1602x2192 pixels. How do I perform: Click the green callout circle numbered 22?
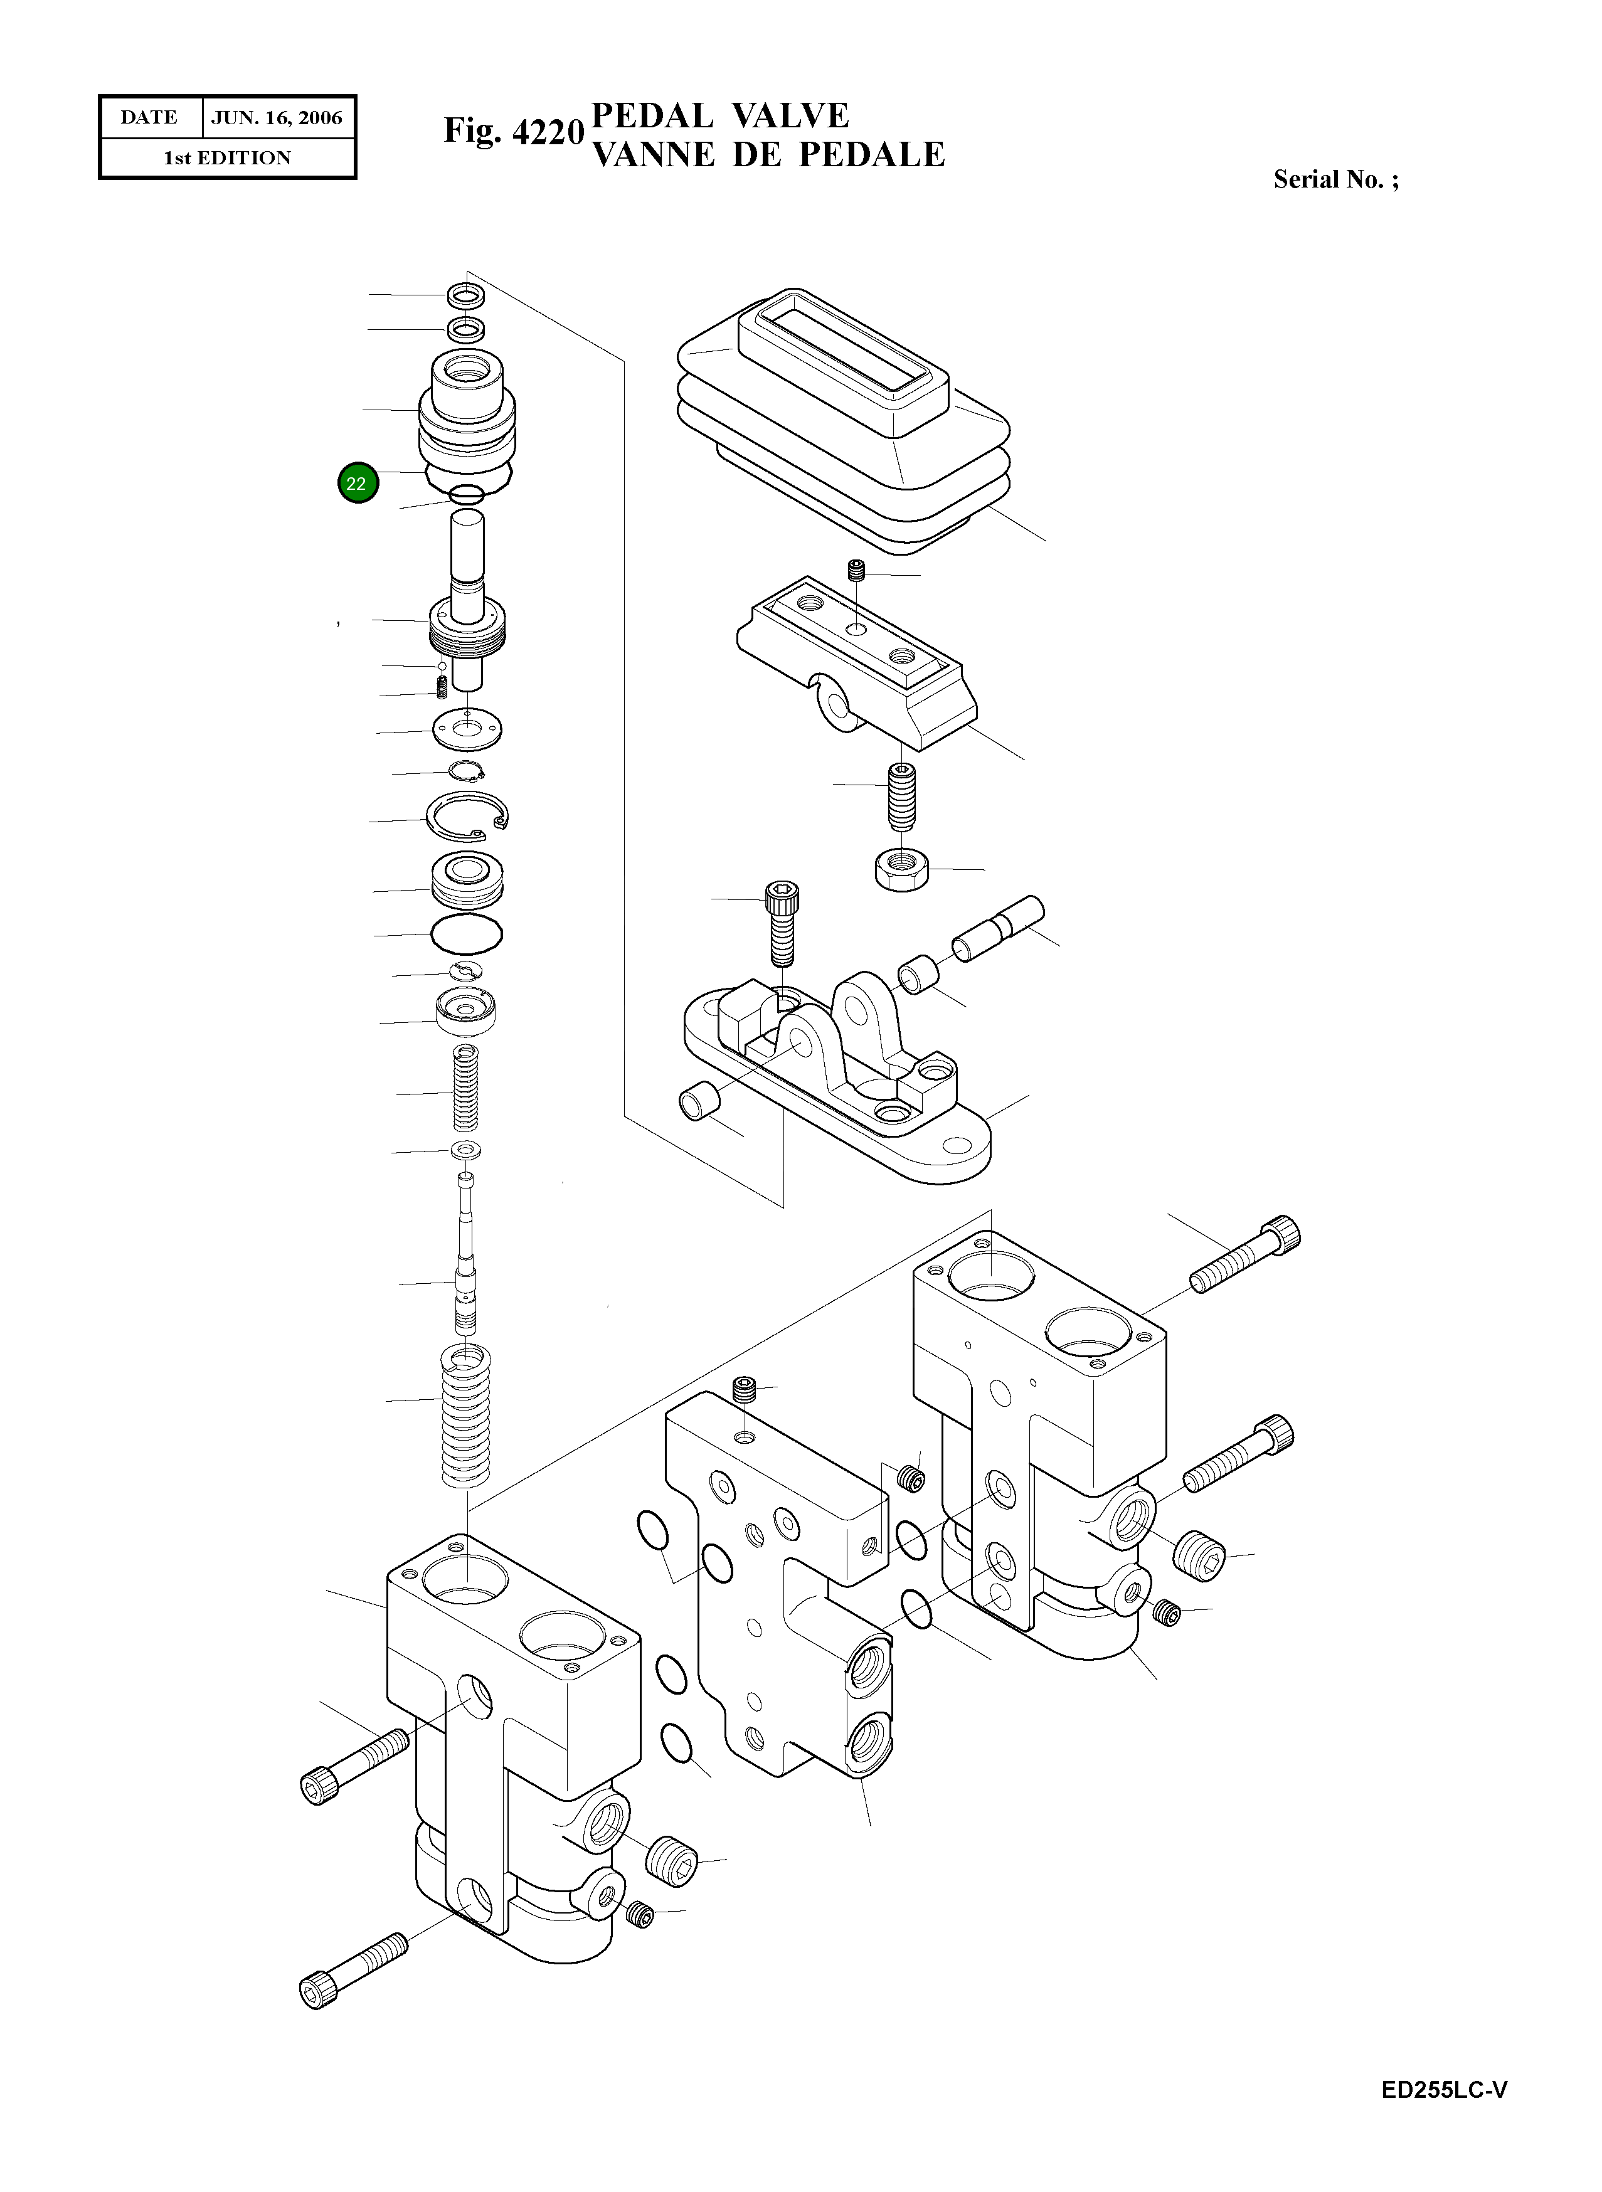coord(357,483)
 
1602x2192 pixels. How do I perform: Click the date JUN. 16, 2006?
coord(277,119)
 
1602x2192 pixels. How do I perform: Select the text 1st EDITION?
coord(227,158)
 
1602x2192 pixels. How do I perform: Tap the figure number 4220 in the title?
coord(548,132)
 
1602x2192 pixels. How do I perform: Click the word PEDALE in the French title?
coord(871,155)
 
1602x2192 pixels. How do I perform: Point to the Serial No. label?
coord(1334,179)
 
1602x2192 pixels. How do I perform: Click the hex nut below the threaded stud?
coord(902,867)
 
